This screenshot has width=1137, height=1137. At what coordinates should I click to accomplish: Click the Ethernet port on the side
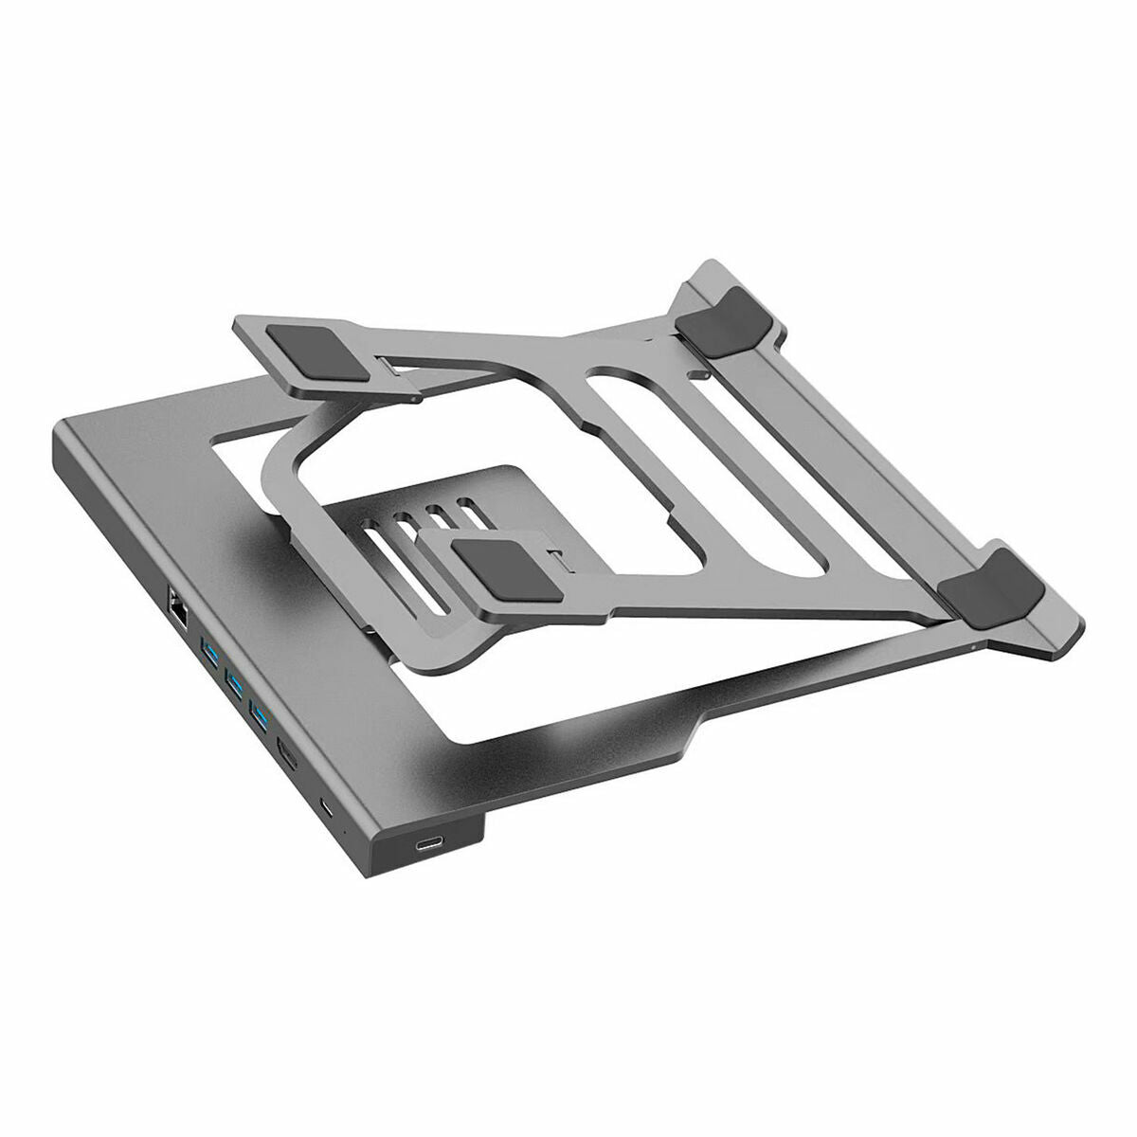point(178,599)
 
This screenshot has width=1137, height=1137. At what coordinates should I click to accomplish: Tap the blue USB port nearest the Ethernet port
point(208,651)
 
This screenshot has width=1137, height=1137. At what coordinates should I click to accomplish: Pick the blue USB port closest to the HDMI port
point(257,710)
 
